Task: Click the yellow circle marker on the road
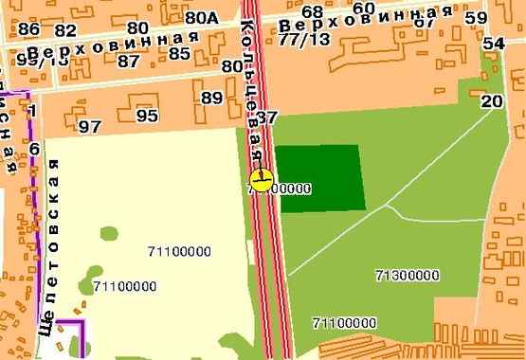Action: click(x=262, y=179)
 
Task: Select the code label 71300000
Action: click(x=407, y=276)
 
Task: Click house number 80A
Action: click(x=201, y=17)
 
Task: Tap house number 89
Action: click(x=211, y=97)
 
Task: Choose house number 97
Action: click(x=90, y=126)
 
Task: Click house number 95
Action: click(x=147, y=116)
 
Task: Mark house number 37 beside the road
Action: click(x=267, y=117)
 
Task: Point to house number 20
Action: click(x=491, y=101)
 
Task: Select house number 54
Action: click(x=493, y=44)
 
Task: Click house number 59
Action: click(x=477, y=18)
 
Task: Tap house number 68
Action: click(x=313, y=11)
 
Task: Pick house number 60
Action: click(x=363, y=9)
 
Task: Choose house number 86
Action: click(x=28, y=29)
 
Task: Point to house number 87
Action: click(x=129, y=61)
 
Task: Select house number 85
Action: click(x=179, y=53)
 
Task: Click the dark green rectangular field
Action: click(x=318, y=178)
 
